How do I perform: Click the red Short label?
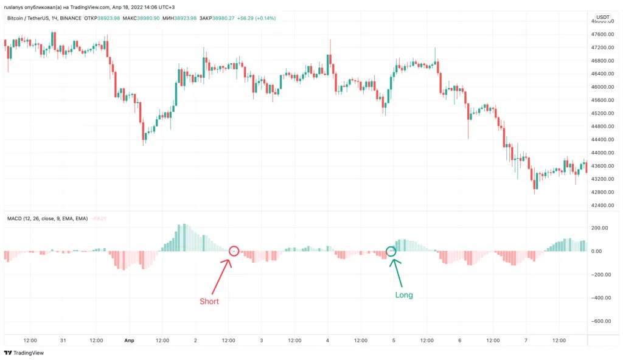point(209,301)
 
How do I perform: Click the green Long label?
point(404,295)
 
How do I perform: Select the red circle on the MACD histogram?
point(234,251)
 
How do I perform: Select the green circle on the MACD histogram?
point(391,251)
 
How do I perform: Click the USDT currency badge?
point(602,18)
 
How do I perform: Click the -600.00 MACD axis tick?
point(602,322)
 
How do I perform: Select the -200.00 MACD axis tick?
point(602,275)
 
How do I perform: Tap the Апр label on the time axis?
point(128,341)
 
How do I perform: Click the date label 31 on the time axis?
point(63,341)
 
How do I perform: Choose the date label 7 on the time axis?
point(525,341)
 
